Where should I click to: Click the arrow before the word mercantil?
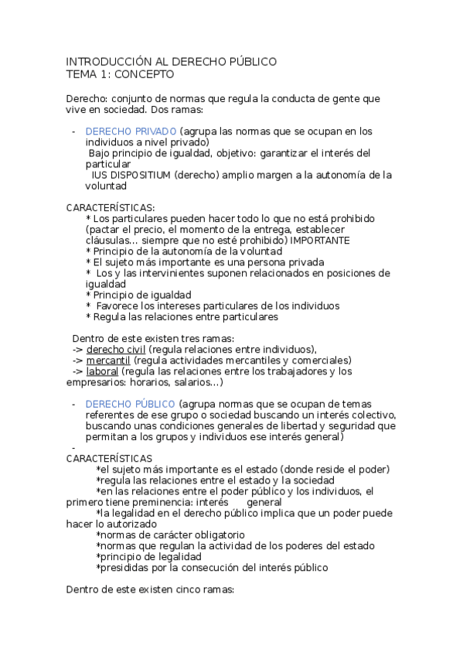click(77, 360)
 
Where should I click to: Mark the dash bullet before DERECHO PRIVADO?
click(73, 132)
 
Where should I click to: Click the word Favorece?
click(121, 306)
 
